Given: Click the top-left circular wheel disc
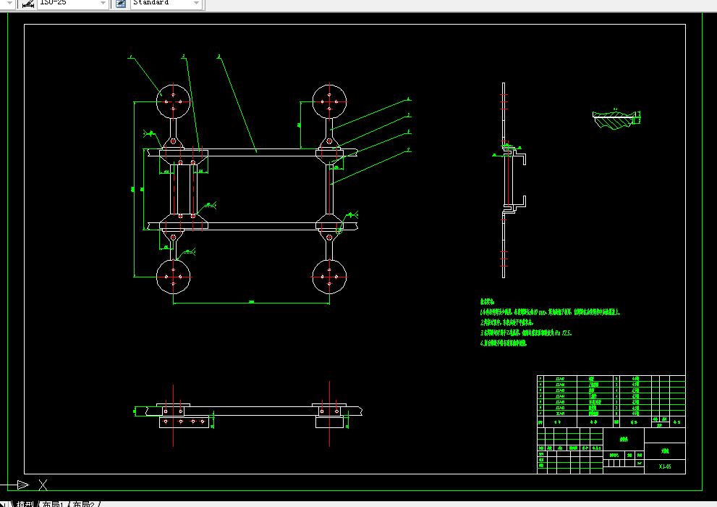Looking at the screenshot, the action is tap(174, 101).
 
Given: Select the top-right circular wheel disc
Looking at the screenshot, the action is tap(329, 101).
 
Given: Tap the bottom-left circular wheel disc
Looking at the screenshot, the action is tap(174, 277).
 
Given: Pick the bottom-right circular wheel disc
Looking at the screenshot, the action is tap(329, 277).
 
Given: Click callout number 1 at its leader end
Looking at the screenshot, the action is tap(131, 56).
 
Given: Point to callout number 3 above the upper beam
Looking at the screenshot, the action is tap(219, 56).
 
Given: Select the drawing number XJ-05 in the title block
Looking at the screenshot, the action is tap(665, 467).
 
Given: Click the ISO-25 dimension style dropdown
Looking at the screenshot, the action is tap(72, 3).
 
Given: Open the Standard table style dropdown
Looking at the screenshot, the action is tap(166, 3).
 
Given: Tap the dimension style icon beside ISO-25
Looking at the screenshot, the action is tap(27, 3).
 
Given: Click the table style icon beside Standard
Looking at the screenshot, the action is tap(121, 3).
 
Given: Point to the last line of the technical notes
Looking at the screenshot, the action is tap(504, 343).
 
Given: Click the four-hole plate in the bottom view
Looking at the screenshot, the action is tap(184, 421).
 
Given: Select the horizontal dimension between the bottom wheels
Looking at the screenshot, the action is tap(251, 302).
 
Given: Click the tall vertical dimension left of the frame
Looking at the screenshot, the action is tap(135, 189).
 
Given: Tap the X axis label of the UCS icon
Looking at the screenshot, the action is tap(43, 485).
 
